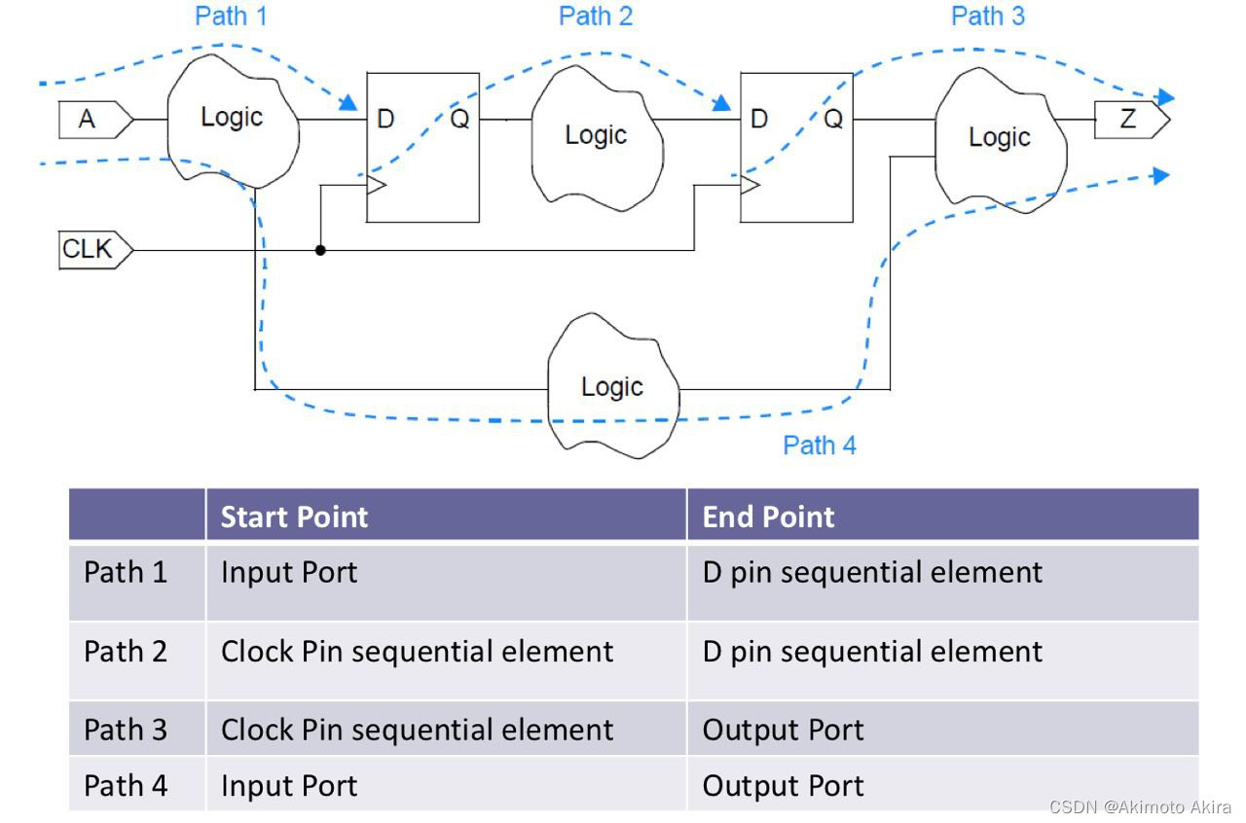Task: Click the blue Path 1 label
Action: click(x=232, y=17)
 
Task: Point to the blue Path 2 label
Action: click(x=595, y=17)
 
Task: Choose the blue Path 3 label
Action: click(x=987, y=17)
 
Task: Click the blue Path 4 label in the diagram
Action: click(x=820, y=446)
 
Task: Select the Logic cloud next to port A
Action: click(x=232, y=119)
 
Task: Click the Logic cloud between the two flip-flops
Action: click(x=596, y=134)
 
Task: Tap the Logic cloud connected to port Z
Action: click(x=999, y=138)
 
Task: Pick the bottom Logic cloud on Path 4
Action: click(x=611, y=387)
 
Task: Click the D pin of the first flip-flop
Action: click(x=385, y=119)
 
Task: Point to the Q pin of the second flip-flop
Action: click(x=833, y=119)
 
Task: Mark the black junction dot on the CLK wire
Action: click(x=320, y=250)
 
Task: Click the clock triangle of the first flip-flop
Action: click(x=375, y=184)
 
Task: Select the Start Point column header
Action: click(x=294, y=517)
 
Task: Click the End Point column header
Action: click(x=768, y=517)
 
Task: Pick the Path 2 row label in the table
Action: click(x=126, y=651)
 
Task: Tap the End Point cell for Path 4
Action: click(x=783, y=785)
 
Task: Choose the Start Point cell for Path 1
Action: click(x=289, y=572)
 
